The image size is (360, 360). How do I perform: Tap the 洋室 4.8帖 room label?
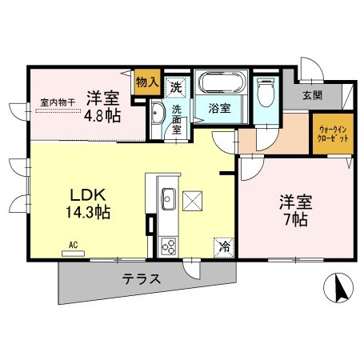[103, 105]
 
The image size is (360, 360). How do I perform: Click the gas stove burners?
[168, 245]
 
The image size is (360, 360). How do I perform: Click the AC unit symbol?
[73, 252]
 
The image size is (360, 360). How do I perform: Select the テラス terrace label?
[142, 279]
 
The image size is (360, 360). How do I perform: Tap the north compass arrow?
[339, 287]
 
